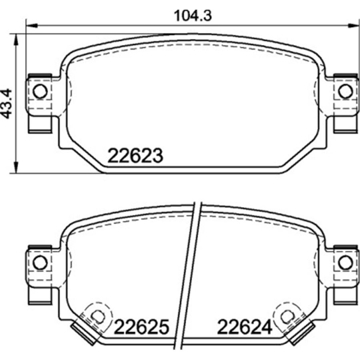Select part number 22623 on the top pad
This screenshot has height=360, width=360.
(135, 156)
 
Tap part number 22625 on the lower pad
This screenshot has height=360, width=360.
(141, 328)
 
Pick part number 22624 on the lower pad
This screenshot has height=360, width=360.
(244, 328)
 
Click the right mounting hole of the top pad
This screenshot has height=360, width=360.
(344, 92)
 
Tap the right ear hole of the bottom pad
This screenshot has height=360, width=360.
(344, 263)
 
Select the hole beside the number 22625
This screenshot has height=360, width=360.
(97, 316)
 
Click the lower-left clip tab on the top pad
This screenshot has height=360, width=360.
(40, 124)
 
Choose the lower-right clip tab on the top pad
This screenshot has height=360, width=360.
(344, 124)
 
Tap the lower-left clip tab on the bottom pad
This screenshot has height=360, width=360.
(40, 296)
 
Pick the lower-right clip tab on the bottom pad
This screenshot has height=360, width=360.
(344, 296)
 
